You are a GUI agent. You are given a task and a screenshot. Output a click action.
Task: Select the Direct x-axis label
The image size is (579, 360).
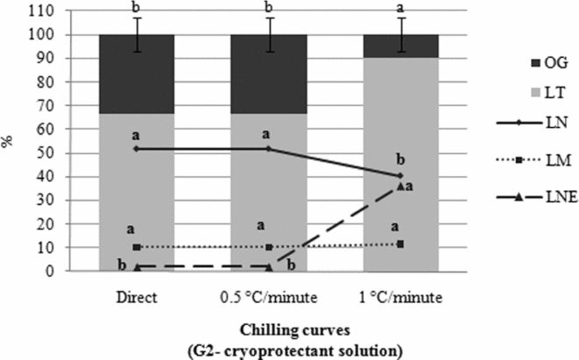tap(136, 297)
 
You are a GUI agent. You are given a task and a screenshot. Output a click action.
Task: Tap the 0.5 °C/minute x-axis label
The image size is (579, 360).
tap(268, 297)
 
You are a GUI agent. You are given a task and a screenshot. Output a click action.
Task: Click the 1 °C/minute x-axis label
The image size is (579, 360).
tap(400, 297)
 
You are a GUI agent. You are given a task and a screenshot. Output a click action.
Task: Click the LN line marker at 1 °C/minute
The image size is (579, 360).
tap(400, 175)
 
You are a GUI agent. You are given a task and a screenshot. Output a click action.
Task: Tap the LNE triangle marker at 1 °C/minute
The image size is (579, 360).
tap(400, 186)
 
